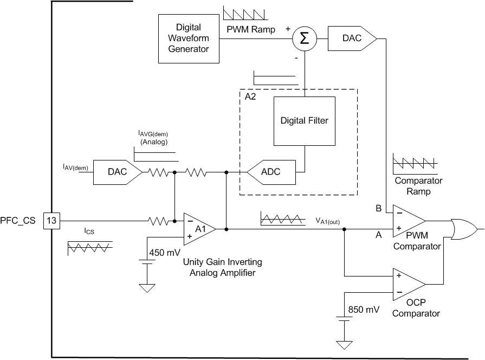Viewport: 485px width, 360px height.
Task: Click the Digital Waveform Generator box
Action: pos(188,38)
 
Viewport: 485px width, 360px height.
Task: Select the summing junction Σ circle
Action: pos(304,38)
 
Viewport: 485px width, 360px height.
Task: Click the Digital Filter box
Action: pos(304,121)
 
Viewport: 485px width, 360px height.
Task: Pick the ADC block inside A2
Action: pos(271,173)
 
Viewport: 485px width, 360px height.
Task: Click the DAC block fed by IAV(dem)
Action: pos(117,173)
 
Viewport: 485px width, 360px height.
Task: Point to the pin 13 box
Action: pos(51,221)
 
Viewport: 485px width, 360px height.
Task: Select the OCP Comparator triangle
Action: pos(408,284)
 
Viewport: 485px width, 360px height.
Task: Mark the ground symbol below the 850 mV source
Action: pos(344,344)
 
